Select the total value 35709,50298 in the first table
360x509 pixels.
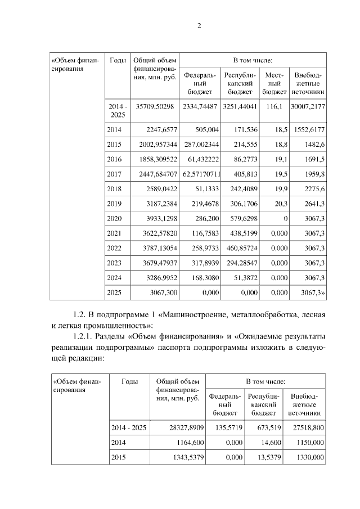(151, 106)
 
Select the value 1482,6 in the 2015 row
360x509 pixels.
(315, 145)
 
